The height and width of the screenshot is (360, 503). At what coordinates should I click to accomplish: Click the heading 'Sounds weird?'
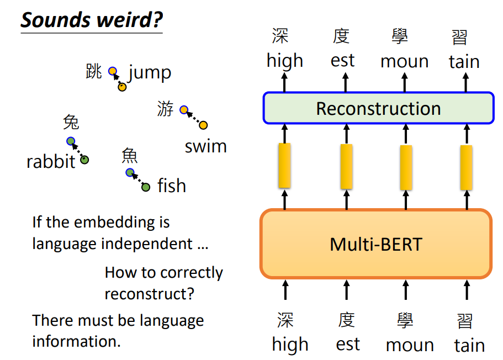92,20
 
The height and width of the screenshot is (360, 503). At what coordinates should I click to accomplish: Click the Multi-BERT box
375,243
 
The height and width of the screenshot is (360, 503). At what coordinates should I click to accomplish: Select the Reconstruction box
378,108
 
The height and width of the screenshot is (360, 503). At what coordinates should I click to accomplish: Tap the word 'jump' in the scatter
150,72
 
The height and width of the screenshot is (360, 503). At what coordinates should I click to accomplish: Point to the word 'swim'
205,146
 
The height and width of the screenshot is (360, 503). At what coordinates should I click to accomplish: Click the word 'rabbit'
51,162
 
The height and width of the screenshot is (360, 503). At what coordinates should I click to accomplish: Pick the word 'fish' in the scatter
172,186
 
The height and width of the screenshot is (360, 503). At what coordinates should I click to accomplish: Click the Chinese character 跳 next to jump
94,71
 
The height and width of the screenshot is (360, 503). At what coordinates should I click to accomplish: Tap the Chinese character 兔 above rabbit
71,121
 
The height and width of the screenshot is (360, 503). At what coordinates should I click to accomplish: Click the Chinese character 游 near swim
165,109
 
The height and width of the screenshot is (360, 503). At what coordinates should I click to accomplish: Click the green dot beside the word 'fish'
146,187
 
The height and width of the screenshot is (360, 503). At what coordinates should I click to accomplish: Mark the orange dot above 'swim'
203,125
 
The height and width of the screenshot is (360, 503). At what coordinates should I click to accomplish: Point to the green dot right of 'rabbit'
84,160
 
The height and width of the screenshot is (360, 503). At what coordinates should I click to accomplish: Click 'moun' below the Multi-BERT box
410,345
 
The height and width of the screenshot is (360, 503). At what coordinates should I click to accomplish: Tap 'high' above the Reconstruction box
285,60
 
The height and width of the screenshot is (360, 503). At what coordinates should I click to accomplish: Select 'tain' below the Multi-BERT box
469,345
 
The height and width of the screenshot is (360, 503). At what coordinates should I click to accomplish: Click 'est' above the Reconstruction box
343,60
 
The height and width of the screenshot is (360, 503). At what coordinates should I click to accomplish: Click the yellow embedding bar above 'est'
347,166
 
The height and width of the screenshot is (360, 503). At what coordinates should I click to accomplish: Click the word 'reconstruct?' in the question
150,294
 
